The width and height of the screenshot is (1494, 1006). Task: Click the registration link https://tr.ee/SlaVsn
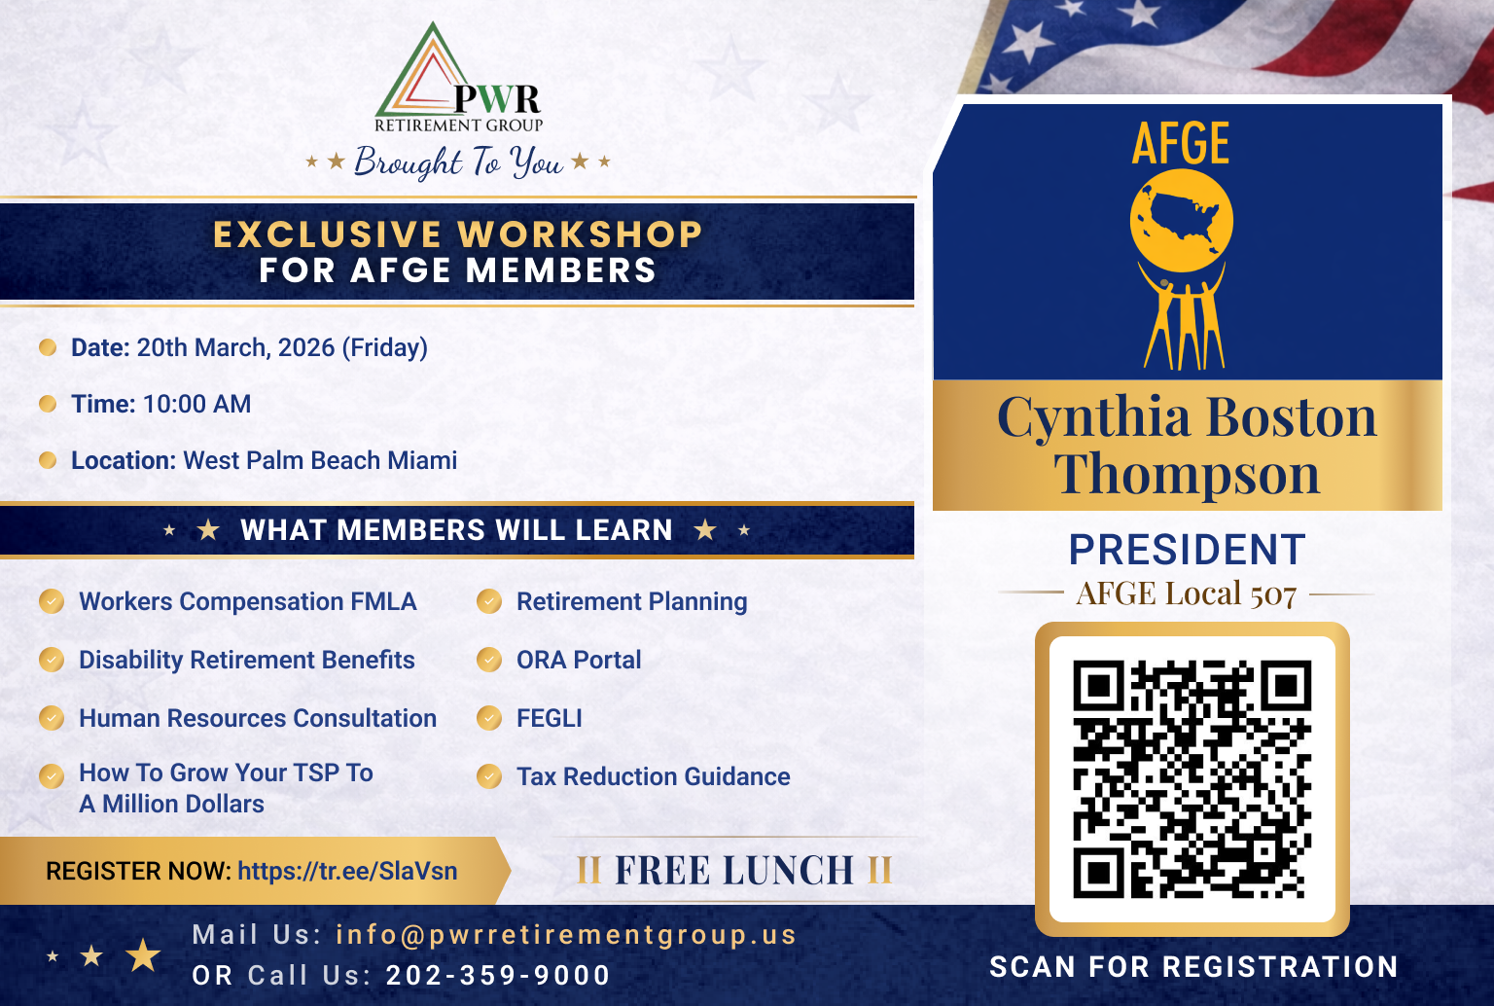coord(347,871)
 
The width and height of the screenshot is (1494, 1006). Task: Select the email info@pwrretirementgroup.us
coord(566,935)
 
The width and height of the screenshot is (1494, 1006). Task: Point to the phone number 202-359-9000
coord(498,975)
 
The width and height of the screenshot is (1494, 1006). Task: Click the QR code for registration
coord(1192,779)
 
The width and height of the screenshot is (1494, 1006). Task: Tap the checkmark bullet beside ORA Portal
coord(489,661)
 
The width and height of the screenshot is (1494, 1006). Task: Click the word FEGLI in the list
coord(549,719)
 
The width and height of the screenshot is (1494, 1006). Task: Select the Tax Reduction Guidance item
coord(653,777)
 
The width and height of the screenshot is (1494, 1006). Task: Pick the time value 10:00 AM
coord(196,405)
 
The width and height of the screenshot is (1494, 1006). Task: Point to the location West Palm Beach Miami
coord(320,461)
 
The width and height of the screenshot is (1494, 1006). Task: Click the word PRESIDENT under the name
coord(1187,551)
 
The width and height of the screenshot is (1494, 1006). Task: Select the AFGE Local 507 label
coord(1187,593)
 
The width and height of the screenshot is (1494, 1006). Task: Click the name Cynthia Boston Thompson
coord(1187,446)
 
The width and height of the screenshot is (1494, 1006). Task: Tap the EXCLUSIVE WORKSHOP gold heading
coord(457,234)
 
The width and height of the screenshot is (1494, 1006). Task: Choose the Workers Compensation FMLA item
coord(247,602)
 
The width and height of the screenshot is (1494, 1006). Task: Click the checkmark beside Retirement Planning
coord(489,602)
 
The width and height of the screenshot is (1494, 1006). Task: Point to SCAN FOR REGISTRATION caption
coord(1193,967)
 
